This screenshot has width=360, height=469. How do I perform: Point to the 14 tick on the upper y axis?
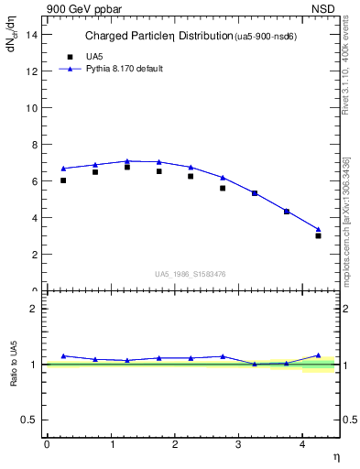36,34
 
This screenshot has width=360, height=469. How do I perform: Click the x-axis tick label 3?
238,444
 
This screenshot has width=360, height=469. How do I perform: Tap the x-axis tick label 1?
111,444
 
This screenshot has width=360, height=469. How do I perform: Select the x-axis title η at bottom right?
335,455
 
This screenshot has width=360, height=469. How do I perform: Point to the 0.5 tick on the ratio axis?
34,420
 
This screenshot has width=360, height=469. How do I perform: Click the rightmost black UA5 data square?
318,235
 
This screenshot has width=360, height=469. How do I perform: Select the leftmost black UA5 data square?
63,180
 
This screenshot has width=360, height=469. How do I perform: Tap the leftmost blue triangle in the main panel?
63,169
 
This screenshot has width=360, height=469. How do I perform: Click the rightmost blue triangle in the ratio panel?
318,355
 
